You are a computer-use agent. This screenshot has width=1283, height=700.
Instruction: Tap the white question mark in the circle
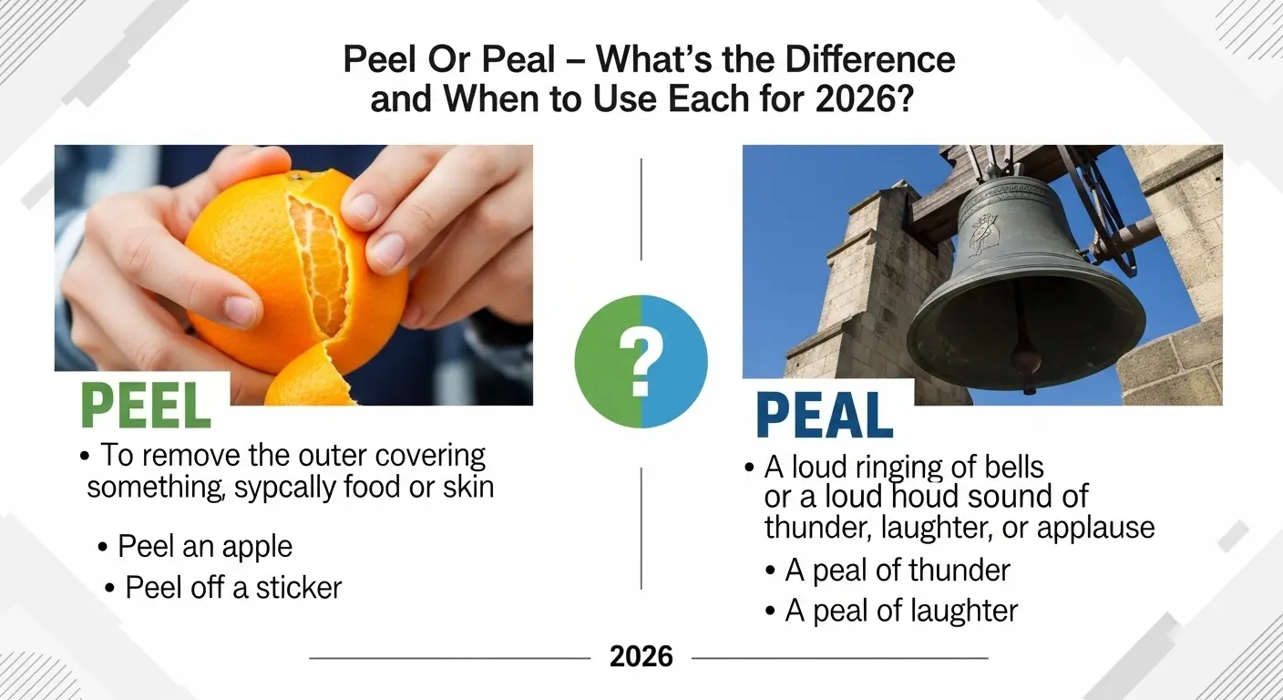point(641,362)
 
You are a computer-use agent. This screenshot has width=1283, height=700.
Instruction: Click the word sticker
point(298,587)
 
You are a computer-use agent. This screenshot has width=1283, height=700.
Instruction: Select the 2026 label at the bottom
point(641,656)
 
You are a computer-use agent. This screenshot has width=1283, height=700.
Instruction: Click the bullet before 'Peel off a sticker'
point(110,589)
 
